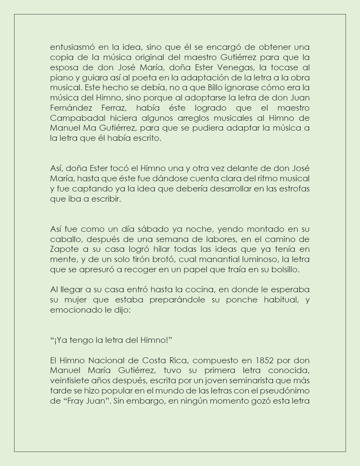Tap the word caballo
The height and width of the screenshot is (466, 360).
point(64,239)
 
